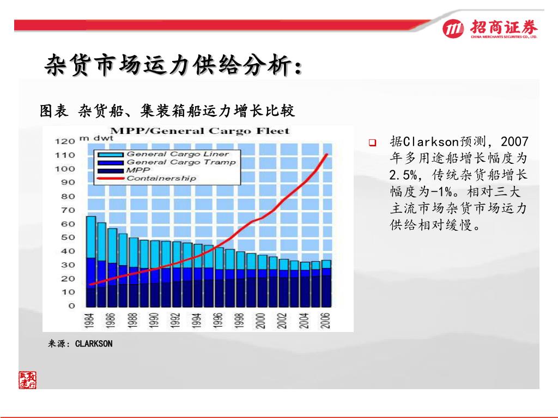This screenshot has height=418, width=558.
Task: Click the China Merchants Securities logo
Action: click(490, 28)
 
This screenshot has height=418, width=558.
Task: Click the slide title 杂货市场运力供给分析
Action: click(173, 66)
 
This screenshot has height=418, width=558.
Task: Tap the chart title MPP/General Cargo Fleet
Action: click(200, 131)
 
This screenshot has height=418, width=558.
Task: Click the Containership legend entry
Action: click(161, 178)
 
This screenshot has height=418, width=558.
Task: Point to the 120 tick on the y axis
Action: click(64, 141)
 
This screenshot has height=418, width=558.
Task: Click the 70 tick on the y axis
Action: click(68, 210)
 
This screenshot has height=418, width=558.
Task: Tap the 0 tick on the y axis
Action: click(71, 305)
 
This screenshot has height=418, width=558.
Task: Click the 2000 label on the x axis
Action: click(261, 320)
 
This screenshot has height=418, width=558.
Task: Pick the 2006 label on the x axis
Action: click(325, 320)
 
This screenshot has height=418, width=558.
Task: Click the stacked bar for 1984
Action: click(91, 261)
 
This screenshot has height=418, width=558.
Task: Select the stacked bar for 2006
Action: click(326, 283)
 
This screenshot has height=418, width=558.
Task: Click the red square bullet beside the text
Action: click(373, 143)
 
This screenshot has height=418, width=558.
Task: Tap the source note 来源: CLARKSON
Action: click(80, 343)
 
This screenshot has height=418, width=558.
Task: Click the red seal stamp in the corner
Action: click(28, 380)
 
